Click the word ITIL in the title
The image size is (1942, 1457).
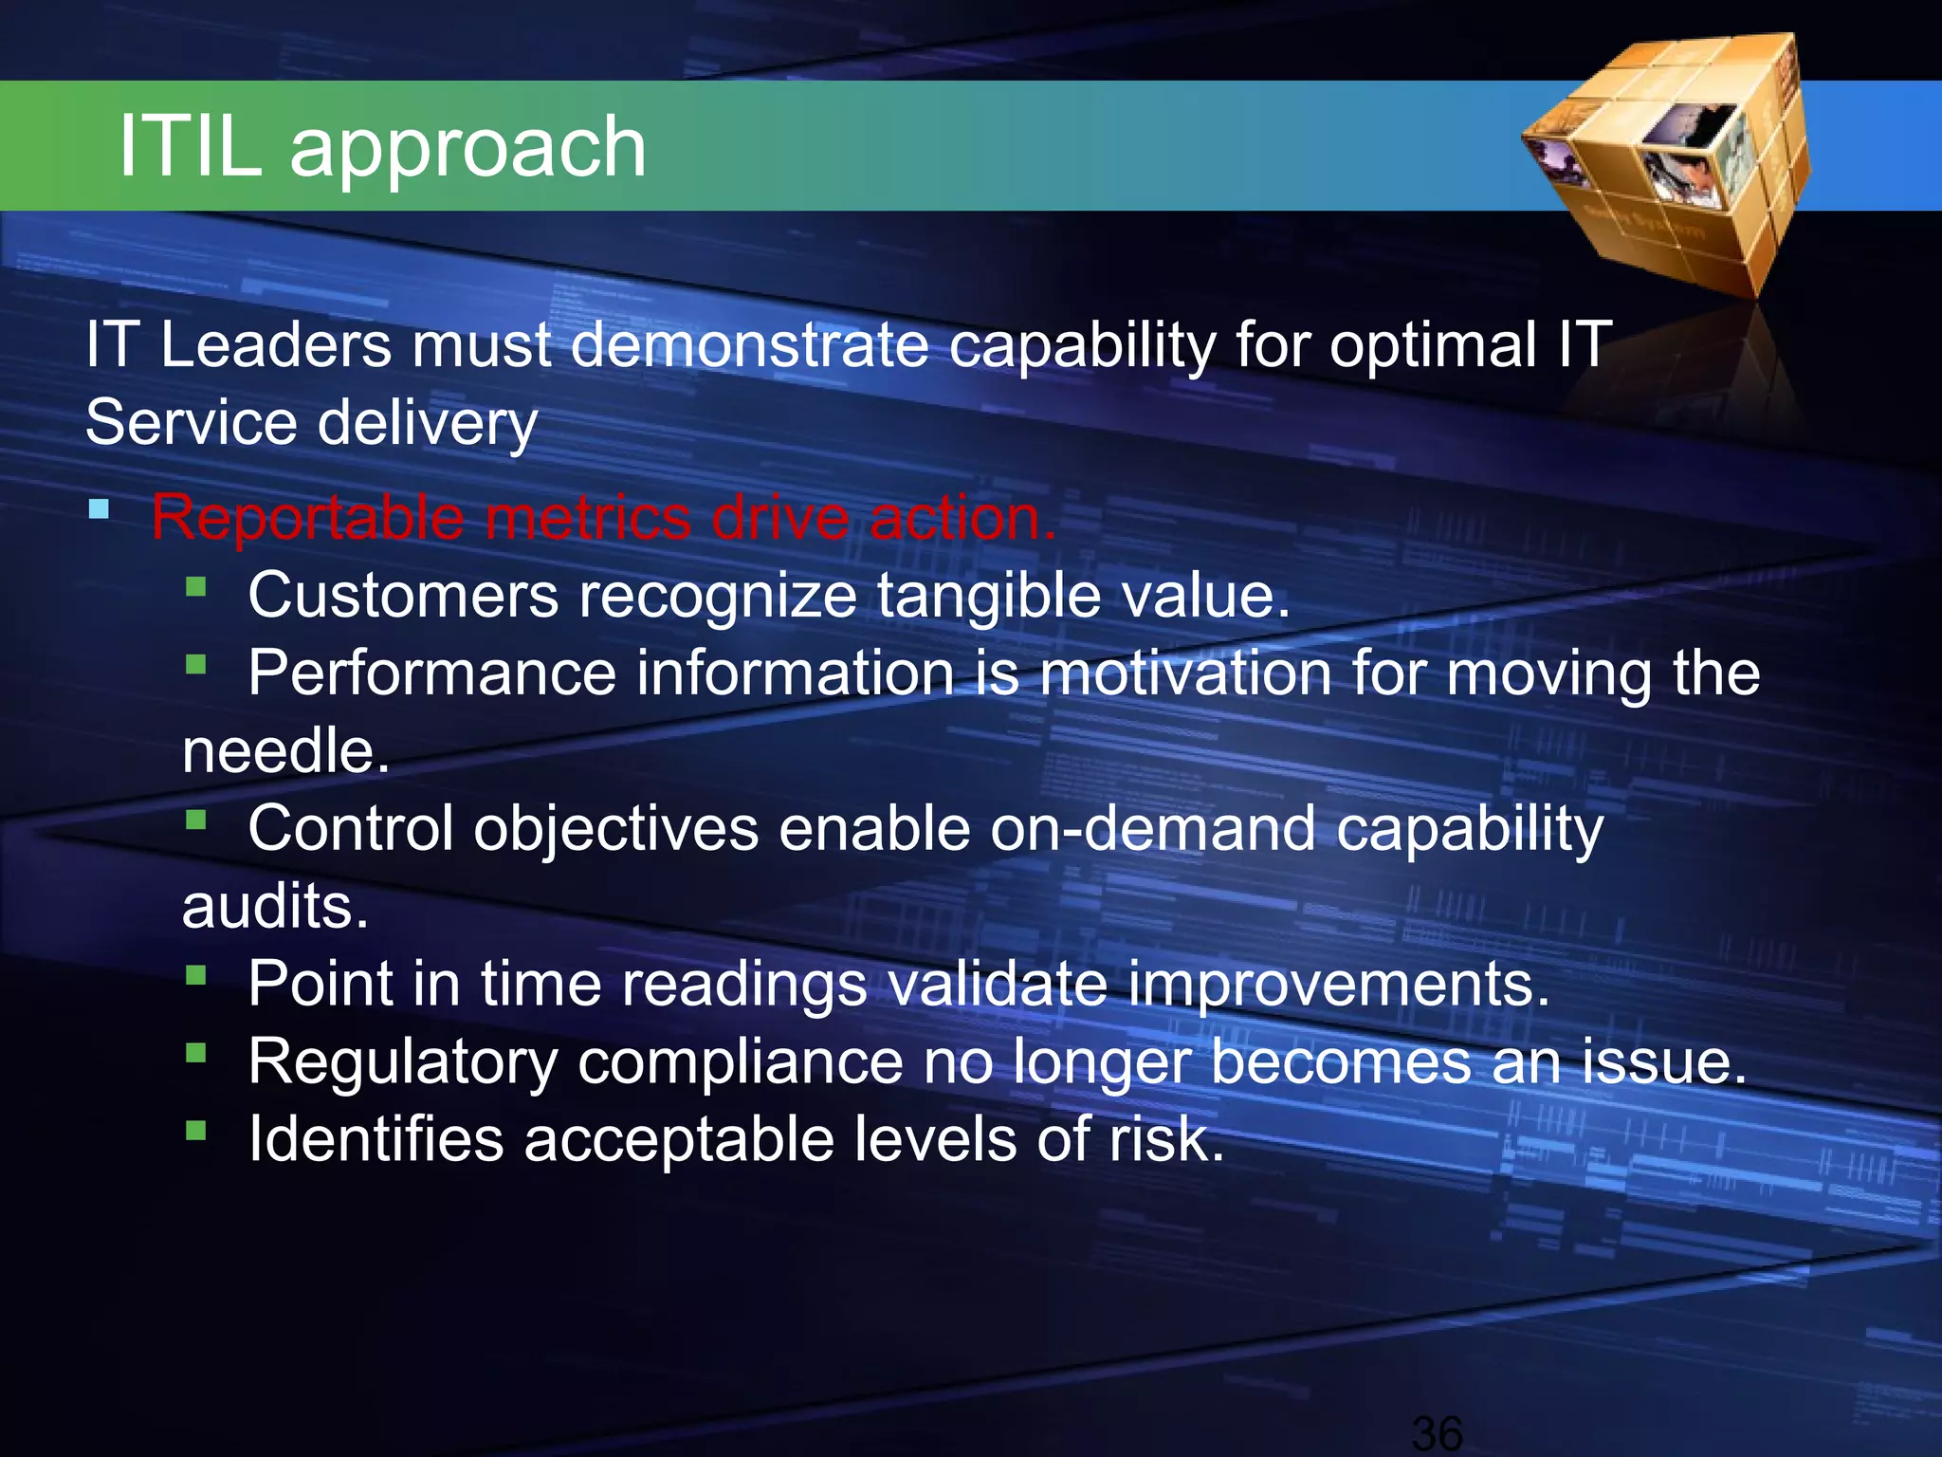[x=189, y=146]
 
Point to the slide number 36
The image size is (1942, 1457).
[x=1437, y=1432]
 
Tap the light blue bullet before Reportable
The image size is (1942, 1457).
[x=99, y=509]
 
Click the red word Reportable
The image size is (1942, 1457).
[x=307, y=519]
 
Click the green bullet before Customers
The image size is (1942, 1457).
[x=196, y=587]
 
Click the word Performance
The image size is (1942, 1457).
[x=432, y=673]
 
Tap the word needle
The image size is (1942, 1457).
[x=284, y=751]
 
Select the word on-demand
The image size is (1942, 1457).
[x=1152, y=828]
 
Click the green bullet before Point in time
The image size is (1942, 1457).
[x=196, y=974]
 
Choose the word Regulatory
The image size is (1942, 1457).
[x=403, y=1061]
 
